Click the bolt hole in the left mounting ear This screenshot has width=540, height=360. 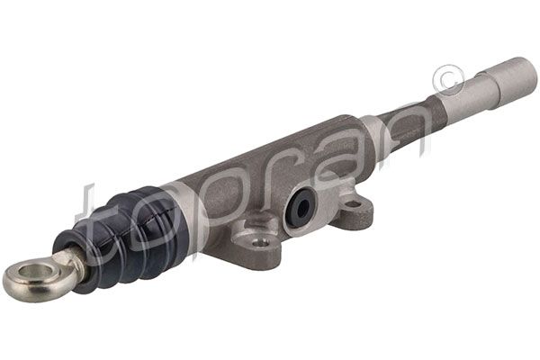coord(261,241)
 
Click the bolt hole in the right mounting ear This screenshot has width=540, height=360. coord(354,202)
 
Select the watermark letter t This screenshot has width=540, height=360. coord(90,216)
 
